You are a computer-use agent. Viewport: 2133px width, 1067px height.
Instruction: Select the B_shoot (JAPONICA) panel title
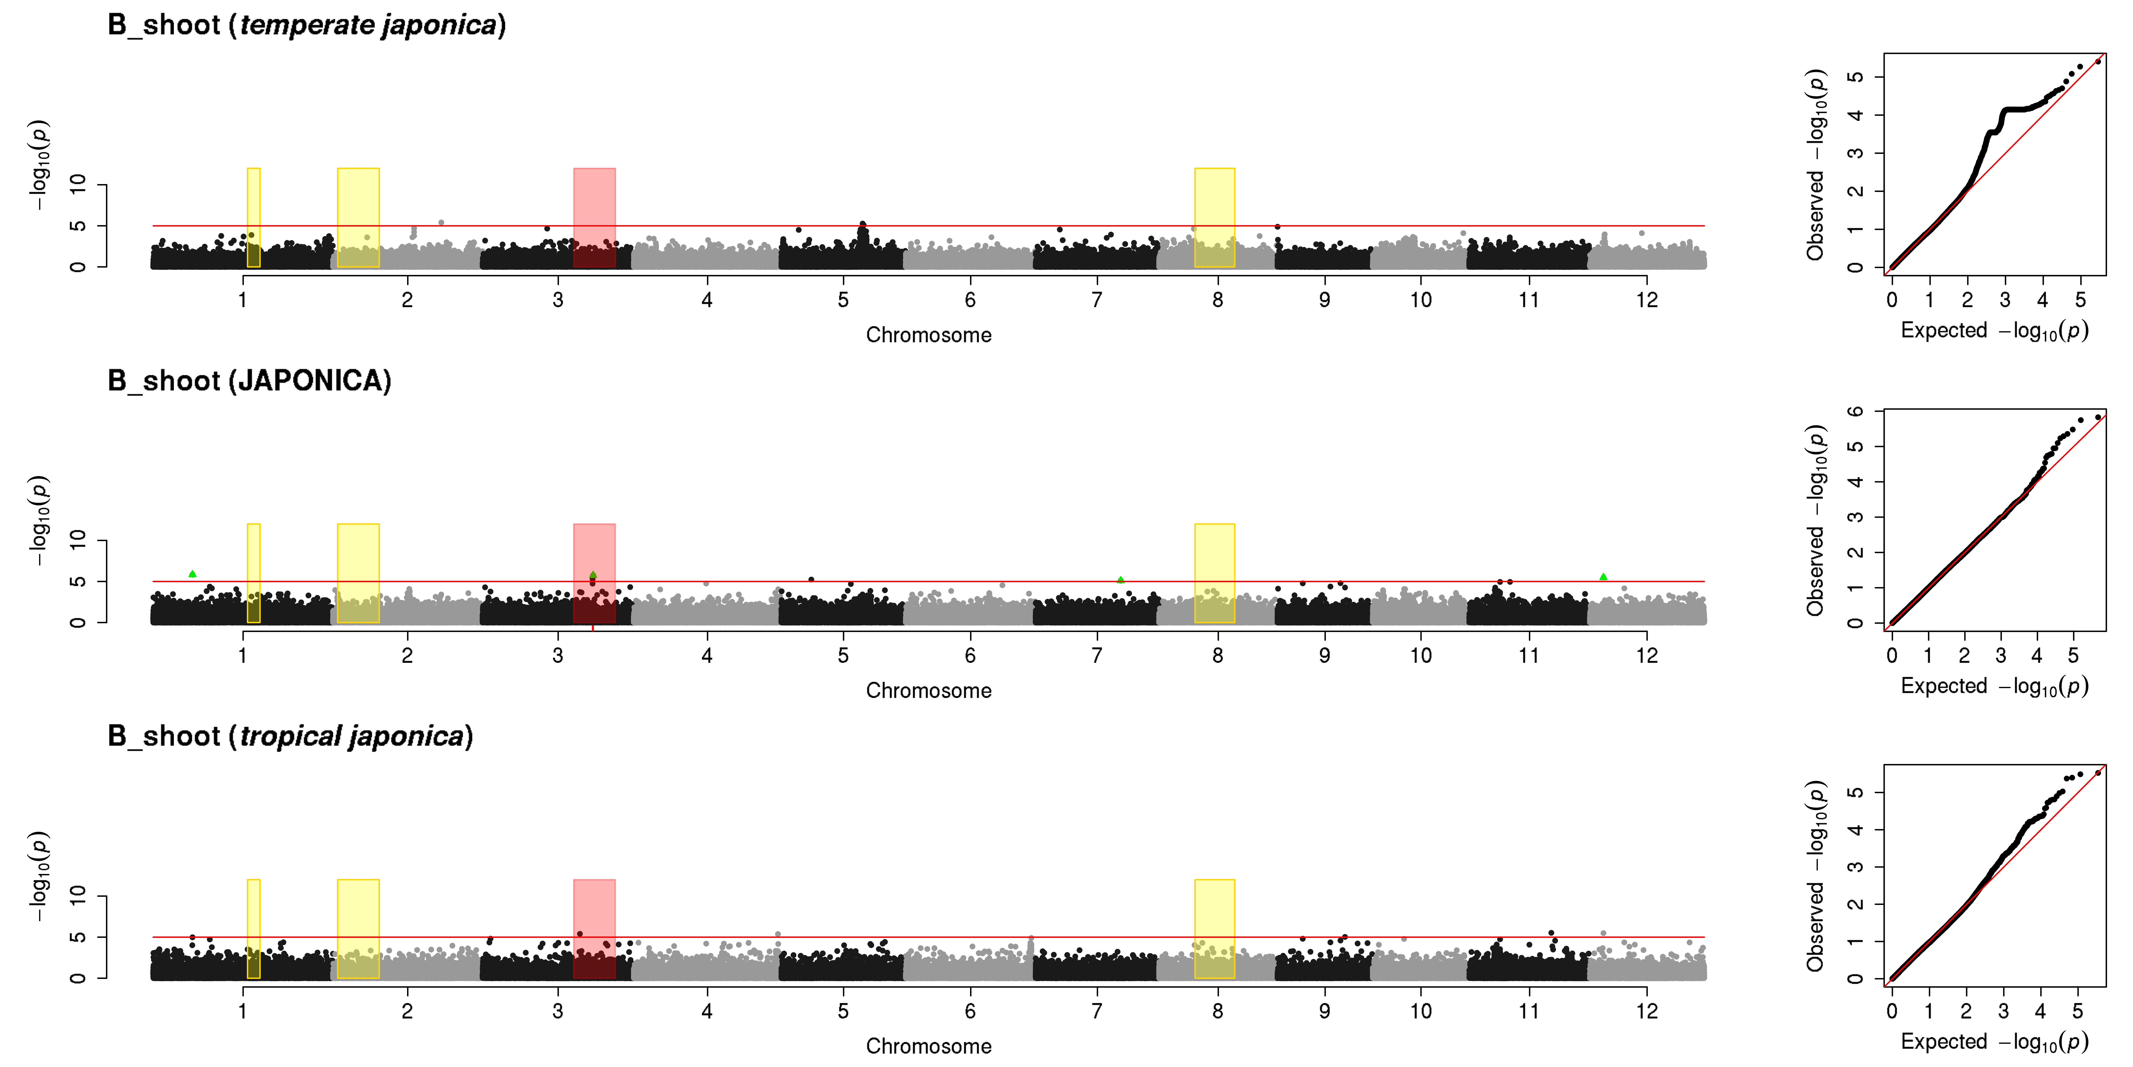(249, 381)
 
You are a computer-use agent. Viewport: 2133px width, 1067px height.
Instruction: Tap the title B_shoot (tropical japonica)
(290, 736)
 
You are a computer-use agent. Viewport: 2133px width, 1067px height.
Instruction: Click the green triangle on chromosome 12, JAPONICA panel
(1603, 577)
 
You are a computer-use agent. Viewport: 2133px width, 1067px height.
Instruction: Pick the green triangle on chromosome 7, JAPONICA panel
(1120, 580)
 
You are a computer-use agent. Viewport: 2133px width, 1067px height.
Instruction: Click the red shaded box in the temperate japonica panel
(595, 218)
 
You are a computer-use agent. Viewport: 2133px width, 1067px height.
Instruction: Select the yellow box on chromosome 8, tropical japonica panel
(1215, 929)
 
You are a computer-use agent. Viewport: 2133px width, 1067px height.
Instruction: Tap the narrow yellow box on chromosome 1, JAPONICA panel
(253, 573)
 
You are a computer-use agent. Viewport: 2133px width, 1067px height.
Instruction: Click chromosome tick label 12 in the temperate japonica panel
(1647, 300)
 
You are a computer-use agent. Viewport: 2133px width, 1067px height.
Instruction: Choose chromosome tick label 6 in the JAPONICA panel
(971, 655)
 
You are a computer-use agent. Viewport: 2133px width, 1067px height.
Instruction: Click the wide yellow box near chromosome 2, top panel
(359, 218)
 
